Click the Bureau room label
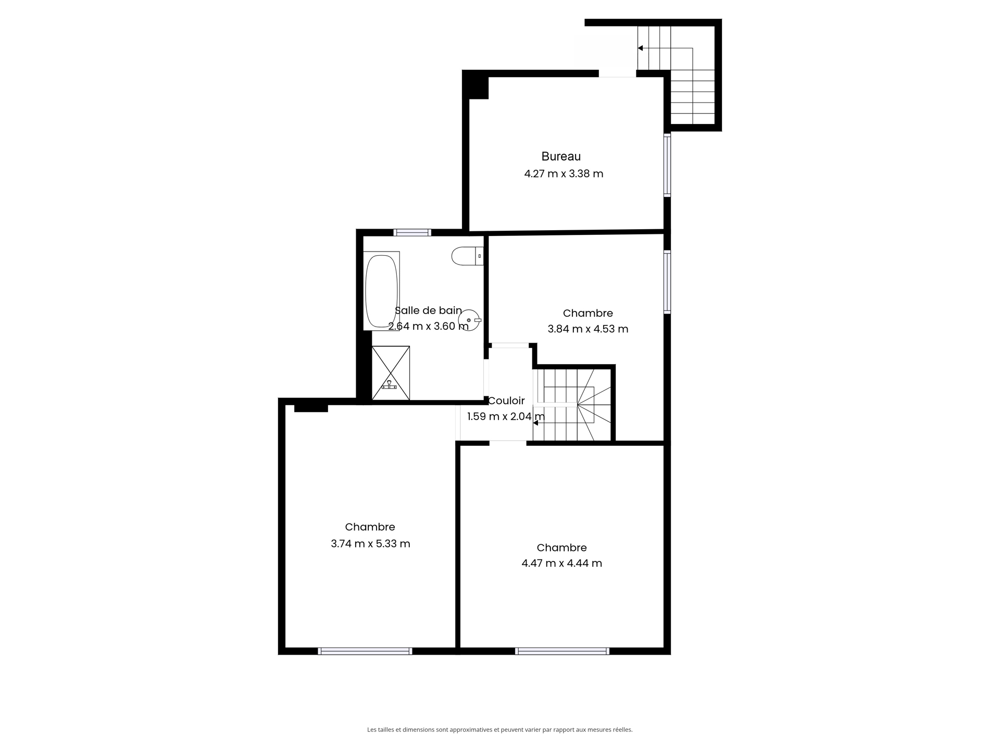[561, 156]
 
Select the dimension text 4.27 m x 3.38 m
[564, 174]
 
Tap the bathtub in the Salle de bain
[382, 291]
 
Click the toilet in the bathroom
[467, 256]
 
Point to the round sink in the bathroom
[469, 320]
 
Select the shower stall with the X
[391, 373]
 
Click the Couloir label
[506, 401]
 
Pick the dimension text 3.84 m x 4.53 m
[588, 329]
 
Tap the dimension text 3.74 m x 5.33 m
[370, 544]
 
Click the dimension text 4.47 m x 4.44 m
[562, 563]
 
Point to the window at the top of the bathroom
[412, 232]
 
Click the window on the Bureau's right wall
[667, 165]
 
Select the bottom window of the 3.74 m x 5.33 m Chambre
[365, 651]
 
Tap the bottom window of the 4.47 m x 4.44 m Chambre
[562, 651]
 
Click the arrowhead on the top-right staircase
[640, 48]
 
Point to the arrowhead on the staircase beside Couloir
[535, 423]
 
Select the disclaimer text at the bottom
[500, 730]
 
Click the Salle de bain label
[428, 310]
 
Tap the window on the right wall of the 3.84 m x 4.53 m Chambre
[667, 282]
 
